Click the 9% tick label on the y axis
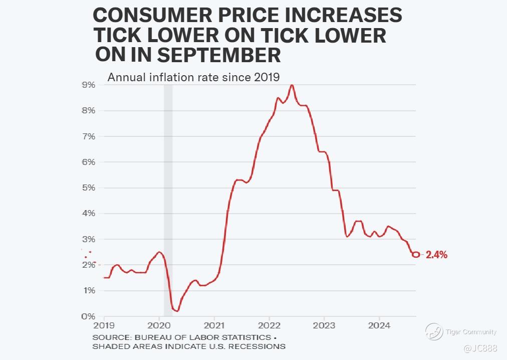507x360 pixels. pos(89,85)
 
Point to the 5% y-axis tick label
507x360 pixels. pos(89,188)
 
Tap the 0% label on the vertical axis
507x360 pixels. pos(89,316)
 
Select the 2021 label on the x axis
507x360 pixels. pos(214,324)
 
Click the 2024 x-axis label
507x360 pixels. pos(379,324)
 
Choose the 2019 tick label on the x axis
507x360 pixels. pos(104,324)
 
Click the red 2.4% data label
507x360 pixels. pos(436,255)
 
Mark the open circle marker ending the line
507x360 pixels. pos(416,254)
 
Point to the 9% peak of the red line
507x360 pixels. pos(292,85)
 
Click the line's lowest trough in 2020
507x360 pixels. pos(176,311)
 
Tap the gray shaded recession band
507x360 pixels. pos(168,201)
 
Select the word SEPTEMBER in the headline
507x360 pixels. pos(219,55)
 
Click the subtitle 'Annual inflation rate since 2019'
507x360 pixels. pos(193,77)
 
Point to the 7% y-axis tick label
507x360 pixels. pos(89,136)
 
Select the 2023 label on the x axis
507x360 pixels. pos(324,324)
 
